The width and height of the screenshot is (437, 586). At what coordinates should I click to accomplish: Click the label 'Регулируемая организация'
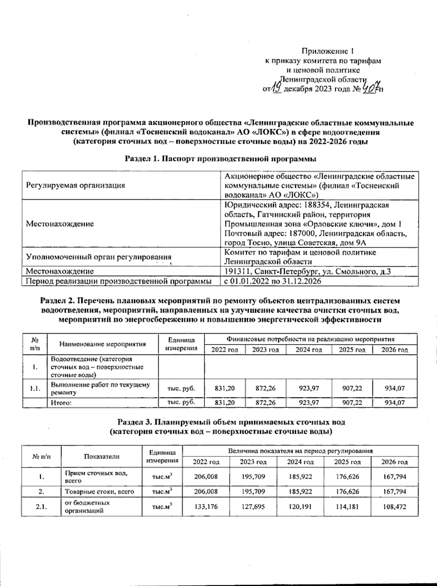tap(75, 185)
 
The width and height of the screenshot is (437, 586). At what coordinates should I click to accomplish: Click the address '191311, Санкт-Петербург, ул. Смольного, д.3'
tap(308, 271)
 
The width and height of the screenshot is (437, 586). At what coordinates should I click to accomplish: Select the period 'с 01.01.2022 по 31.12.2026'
tap(272, 281)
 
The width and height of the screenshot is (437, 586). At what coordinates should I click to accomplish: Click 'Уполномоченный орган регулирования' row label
tap(98, 257)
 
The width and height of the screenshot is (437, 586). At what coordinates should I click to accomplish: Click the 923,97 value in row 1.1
tap(309, 388)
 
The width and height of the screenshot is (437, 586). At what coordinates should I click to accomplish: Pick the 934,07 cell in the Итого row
tap(395, 403)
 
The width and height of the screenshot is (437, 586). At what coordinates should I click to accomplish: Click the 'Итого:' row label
tap(60, 403)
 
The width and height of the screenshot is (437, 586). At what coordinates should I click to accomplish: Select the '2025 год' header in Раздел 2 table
tap(352, 350)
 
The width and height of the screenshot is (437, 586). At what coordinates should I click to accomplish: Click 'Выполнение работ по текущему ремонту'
tap(100, 388)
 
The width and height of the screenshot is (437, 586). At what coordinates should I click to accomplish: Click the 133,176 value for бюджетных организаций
tap(206, 507)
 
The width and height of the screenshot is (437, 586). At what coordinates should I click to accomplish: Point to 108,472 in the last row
tap(394, 507)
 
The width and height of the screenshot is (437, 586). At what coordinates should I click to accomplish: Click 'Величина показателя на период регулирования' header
tap(300, 451)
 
